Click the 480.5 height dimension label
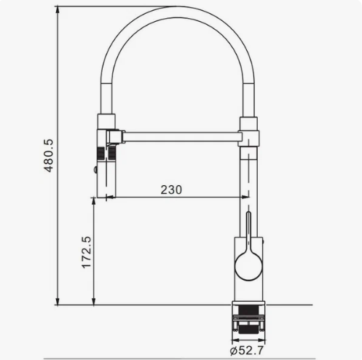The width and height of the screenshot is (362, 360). click(x=49, y=156)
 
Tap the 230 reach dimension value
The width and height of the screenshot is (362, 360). click(x=171, y=189)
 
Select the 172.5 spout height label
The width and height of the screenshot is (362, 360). click(x=86, y=252)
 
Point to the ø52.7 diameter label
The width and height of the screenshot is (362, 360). click(x=246, y=351)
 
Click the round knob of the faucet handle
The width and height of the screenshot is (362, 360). click(x=248, y=266)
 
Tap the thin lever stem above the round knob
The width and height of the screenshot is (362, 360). click(x=248, y=232)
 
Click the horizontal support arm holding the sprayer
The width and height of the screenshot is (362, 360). click(x=181, y=137)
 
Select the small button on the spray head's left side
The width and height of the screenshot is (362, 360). click(x=95, y=169)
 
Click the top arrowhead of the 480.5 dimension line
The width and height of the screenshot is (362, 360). click(x=58, y=9)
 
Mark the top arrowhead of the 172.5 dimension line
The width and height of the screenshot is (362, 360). click(x=94, y=201)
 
